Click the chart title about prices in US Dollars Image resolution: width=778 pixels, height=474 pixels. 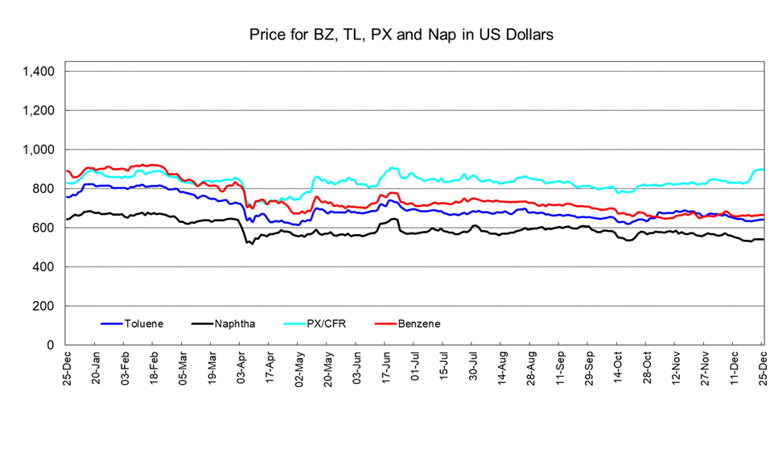(401, 35)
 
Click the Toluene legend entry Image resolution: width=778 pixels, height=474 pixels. (144, 324)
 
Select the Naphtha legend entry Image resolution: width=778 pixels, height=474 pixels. (235, 324)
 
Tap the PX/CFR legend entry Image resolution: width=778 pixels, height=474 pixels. (328, 324)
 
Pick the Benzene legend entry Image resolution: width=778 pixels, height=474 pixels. (418, 324)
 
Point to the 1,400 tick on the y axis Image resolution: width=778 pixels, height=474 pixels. (39, 72)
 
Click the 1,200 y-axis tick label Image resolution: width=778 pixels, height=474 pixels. (39, 110)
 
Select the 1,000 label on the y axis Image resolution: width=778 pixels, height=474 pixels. (39, 150)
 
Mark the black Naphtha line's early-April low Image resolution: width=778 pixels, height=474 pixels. (251, 242)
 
